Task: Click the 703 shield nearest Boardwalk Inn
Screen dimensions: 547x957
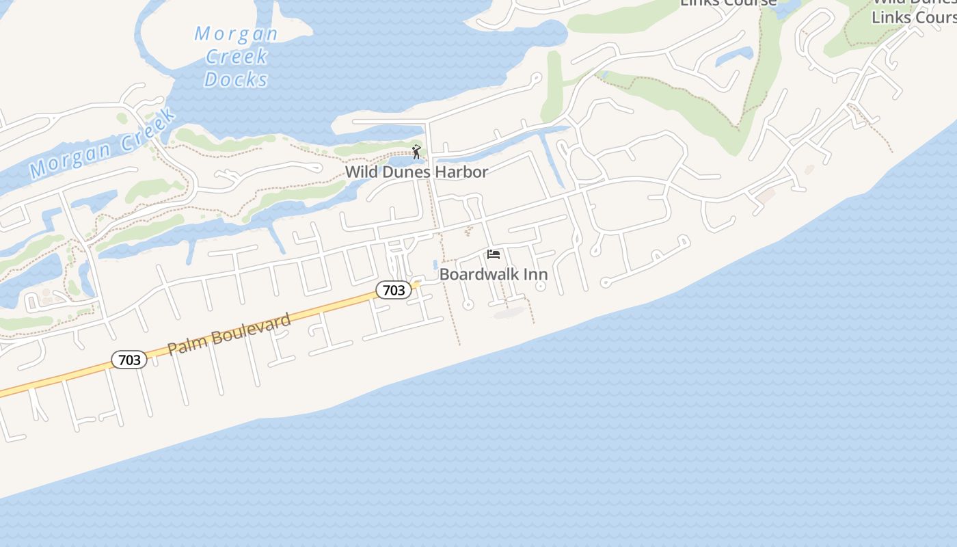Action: (x=394, y=290)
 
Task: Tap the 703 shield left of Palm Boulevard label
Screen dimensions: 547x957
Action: (x=129, y=359)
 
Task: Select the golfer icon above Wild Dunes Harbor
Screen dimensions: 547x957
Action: (x=416, y=152)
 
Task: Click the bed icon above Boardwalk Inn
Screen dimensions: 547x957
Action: (x=494, y=255)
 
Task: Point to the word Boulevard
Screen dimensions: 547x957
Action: (x=251, y=325)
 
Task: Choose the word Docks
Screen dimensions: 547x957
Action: (x=237, y=79)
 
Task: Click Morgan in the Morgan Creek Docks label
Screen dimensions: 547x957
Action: (x=237, y=34)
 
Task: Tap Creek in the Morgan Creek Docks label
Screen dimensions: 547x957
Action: (x=237, y=56)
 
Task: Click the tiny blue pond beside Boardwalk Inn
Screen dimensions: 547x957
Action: (x=435, y=265)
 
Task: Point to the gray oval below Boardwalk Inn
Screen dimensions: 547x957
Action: (x=509, y=313)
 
